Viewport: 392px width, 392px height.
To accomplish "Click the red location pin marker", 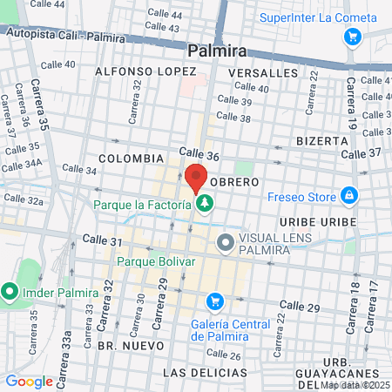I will coord(195,177).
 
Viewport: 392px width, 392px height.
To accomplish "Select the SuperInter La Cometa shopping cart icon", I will coord(352,37).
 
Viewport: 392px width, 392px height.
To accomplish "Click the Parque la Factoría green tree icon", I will coord(205,205).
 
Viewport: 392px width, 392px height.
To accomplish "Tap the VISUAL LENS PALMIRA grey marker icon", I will coord(226,243).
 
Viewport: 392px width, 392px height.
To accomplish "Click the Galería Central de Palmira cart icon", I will coord(214,302).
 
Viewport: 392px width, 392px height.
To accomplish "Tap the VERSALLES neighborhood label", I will coord(263,73).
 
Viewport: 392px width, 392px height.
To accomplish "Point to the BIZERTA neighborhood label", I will coord(321,139).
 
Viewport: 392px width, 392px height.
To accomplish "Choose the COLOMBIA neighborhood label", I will coord(131,159).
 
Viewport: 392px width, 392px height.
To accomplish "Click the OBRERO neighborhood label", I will coord(234,182).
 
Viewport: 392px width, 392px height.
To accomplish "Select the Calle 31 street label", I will coord(100,239).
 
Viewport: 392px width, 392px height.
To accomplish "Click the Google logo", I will coord(29,381).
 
